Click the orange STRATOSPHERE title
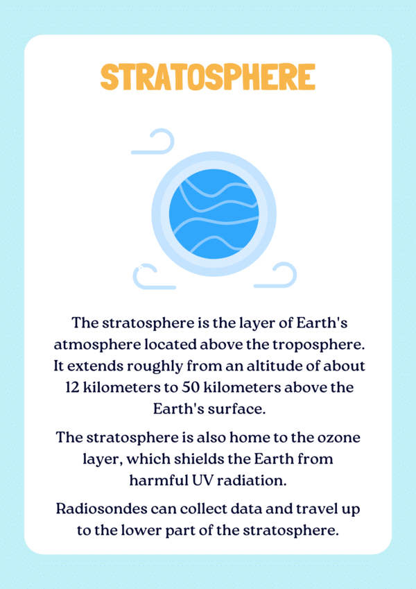click(208, 77)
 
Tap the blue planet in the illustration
click(214, 214)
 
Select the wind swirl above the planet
click(153, 142)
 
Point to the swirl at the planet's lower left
click(154, 276)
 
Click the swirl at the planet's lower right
click(275, 275)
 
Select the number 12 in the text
click(72, 387)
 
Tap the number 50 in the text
click(191, 387)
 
